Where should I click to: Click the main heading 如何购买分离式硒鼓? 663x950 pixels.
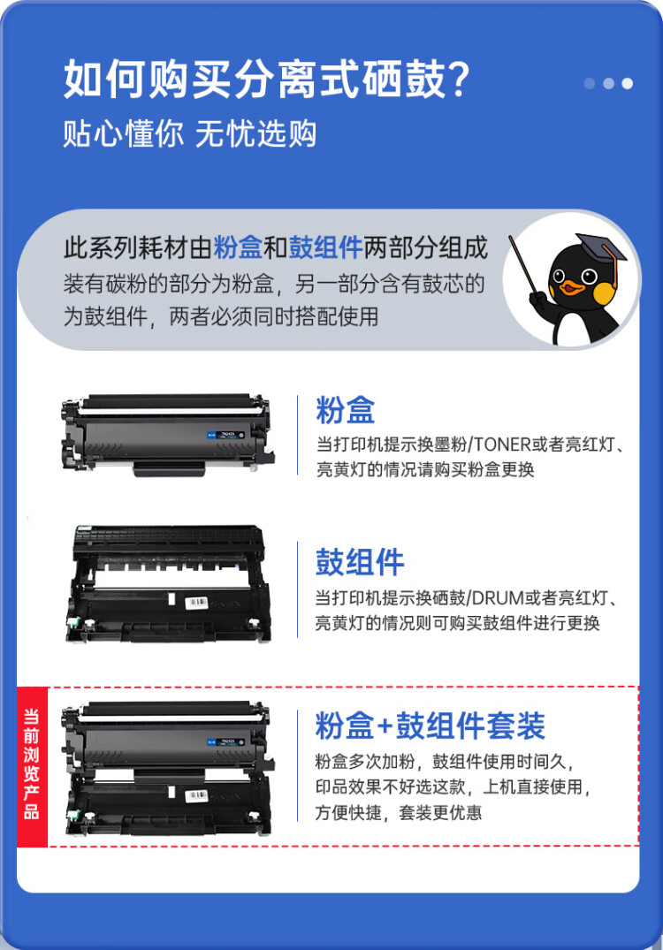[x=265, y=80]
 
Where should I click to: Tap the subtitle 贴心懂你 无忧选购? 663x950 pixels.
[x=189, y=133]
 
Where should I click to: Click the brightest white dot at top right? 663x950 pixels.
[x=627, y=84]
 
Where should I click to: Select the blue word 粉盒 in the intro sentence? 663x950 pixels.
[x=238, y=248]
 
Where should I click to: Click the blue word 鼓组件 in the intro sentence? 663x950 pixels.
[x=326, y=248]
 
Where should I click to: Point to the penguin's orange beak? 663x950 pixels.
[x=575, y=286]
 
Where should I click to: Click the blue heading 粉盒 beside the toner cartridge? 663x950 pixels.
[x=346, y=410]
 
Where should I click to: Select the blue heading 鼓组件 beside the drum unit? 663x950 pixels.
[x=360, y=562]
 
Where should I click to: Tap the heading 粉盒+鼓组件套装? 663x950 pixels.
[x=431, y=726]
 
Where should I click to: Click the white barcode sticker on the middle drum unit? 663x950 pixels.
[x=196, y=602]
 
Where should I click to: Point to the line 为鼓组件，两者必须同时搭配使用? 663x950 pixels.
[x=220, y=315]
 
